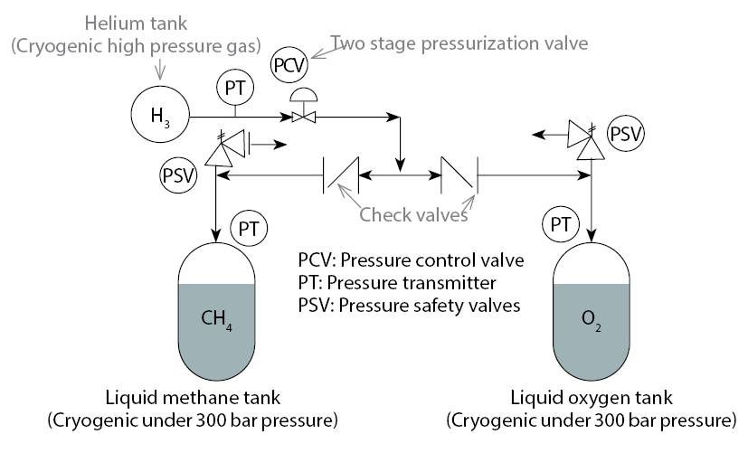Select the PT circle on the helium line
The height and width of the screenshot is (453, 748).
235,89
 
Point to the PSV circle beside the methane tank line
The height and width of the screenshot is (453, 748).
179,174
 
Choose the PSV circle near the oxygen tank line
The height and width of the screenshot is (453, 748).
625,134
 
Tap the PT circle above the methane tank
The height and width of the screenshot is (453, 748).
250,228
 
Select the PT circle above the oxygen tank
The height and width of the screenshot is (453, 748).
562,222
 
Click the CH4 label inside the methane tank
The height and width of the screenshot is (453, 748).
217,318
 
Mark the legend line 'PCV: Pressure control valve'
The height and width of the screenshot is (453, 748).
411,260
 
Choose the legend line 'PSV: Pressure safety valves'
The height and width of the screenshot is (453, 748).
409,304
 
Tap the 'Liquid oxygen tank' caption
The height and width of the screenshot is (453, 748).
592,400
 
